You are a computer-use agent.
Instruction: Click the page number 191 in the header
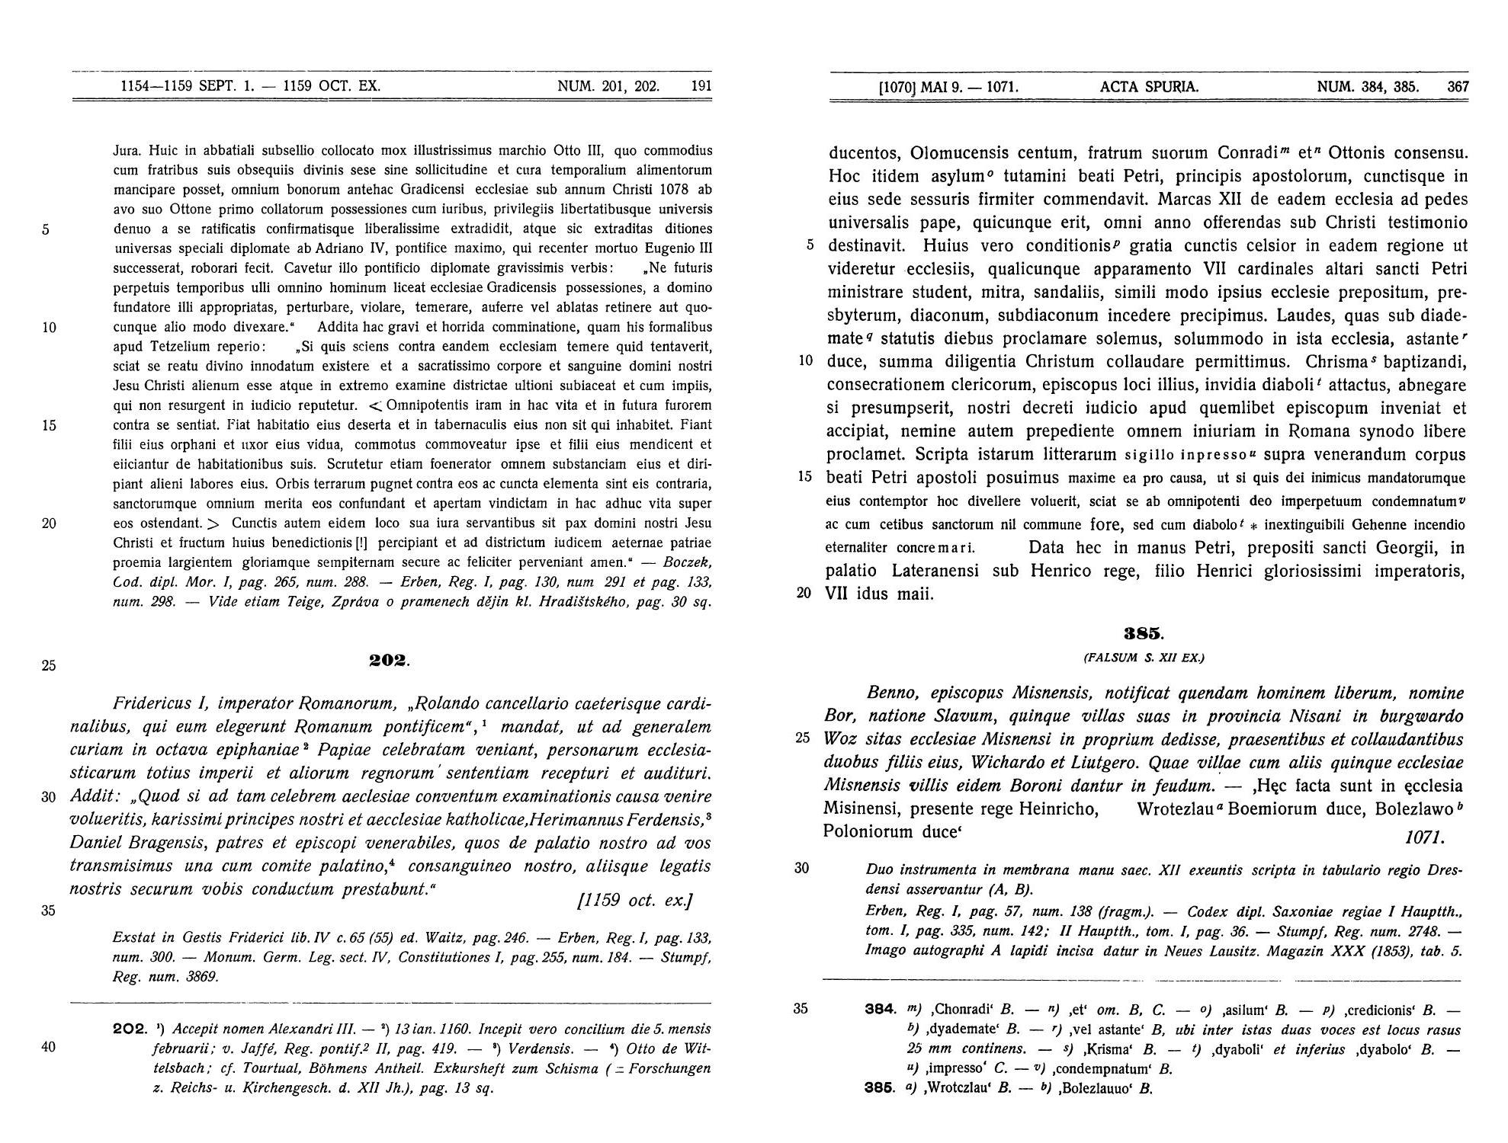click(x=701, y=86)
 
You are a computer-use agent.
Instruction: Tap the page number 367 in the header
click(x=1458, y=87)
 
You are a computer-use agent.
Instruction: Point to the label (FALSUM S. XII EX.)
click(x=1144, y=657)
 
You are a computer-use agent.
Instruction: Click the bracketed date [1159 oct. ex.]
click(x=635, y=900)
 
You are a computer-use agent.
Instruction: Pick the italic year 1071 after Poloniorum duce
click(x=1423, y=837)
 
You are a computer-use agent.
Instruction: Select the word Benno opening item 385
click(x=894, y=693)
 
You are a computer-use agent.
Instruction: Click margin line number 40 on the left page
click(x=48, y=1047)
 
